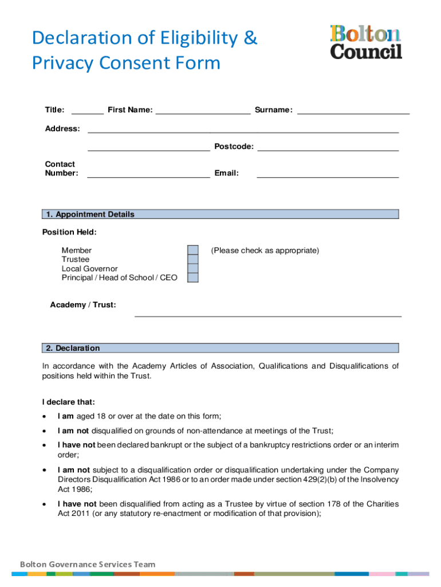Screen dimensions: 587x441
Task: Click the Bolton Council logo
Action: (x=366, y=42)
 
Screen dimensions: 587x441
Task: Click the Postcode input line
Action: (x=328, y=147)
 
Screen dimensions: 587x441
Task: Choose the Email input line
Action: (x=328, y=174)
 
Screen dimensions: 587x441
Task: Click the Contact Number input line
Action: (x=148, y=174)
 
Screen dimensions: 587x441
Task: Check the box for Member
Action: (x=193, y=251)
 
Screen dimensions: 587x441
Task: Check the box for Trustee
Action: (x=193, y=260)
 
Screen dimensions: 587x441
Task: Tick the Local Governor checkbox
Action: (x=193, y=269)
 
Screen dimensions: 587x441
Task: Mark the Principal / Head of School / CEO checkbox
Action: (x=193, y=278)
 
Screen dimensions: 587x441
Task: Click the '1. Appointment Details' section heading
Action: (x=90, y=214)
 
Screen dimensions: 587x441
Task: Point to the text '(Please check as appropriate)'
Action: (x=265, y=251)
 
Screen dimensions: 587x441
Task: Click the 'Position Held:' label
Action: (x=69, y=232)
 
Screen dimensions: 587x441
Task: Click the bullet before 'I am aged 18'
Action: (x=45, y=417)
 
